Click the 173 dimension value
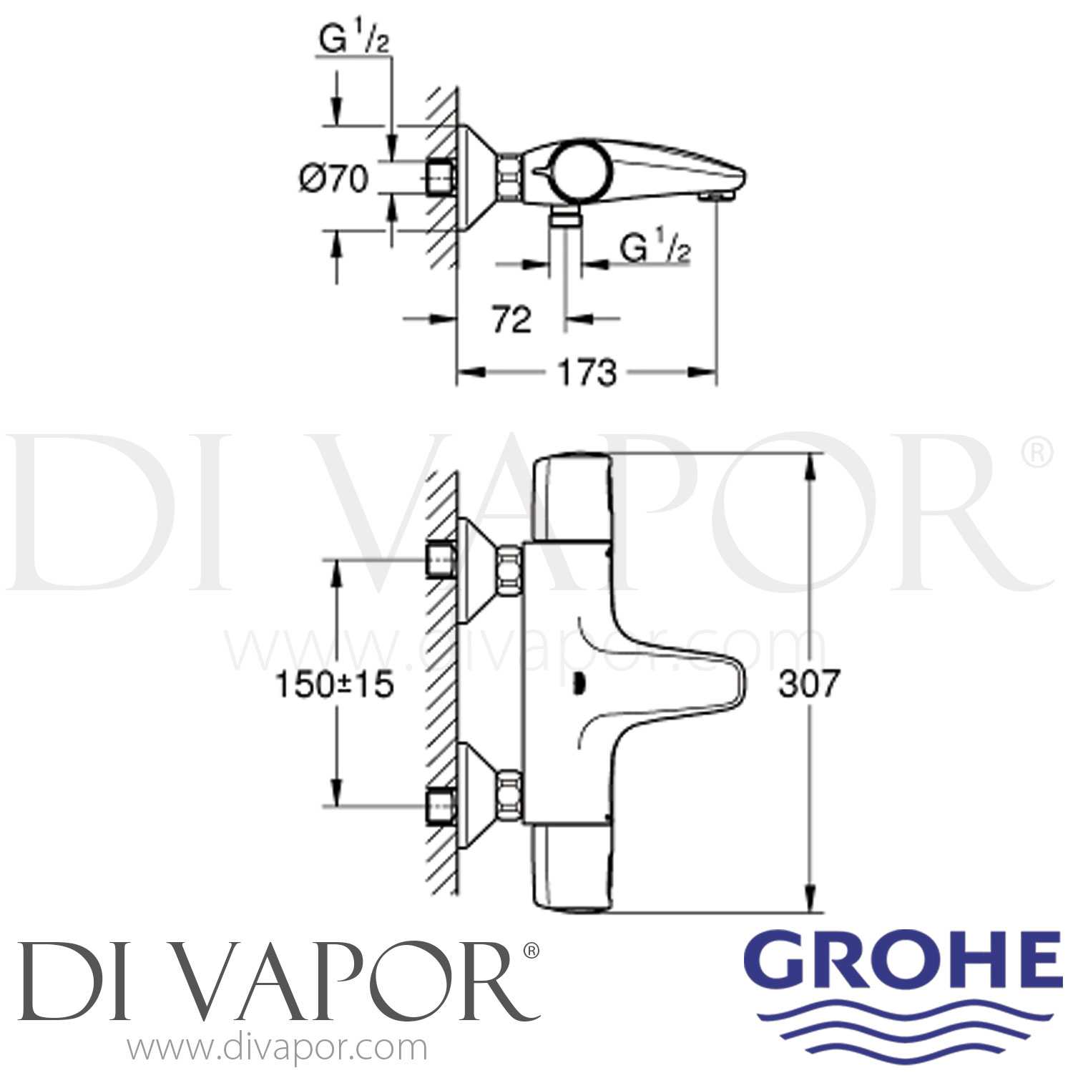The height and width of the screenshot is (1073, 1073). click(587, 373)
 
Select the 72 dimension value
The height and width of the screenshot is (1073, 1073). click(511, 319)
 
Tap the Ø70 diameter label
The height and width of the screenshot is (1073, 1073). click(333, 178)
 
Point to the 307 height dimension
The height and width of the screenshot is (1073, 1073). click(809, 684)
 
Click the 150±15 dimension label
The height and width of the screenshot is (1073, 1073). click(335, 685)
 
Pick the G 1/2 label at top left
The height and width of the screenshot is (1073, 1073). click(353, 41)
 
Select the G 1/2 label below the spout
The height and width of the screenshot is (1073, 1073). click(655, 250)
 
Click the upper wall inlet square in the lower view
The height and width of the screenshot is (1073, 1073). click(441, 559)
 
